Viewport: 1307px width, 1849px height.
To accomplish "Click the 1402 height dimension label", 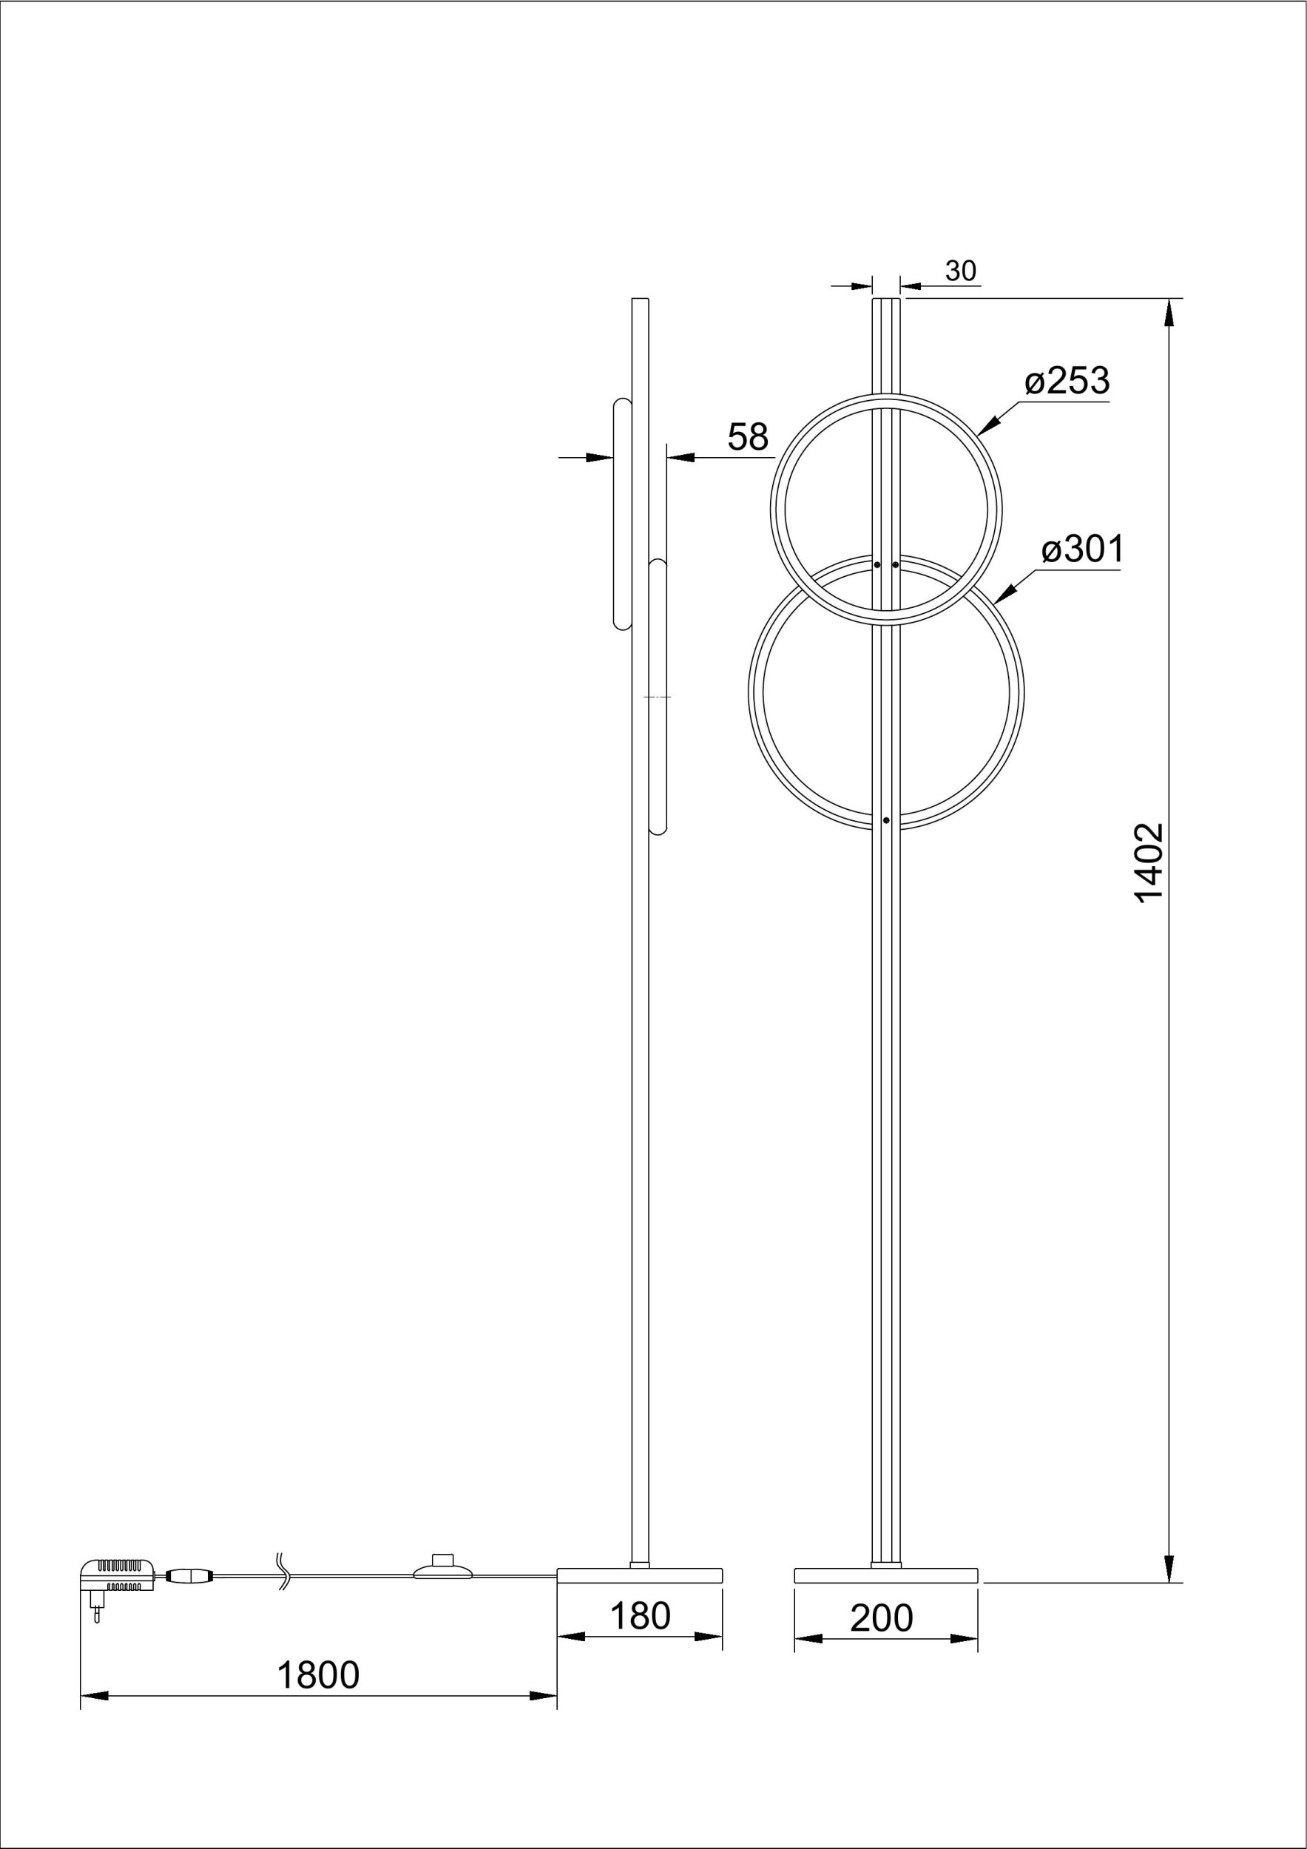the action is click(x=1149, y=862).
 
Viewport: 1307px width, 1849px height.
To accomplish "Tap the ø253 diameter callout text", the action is click(x=1068, y=381).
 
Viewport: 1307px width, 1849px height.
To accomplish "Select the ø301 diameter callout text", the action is click(x=1082, y=550).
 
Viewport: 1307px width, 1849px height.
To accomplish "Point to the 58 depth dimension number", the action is click(x=748, y=437).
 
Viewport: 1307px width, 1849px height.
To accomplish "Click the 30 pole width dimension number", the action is click(x=961, y=271).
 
